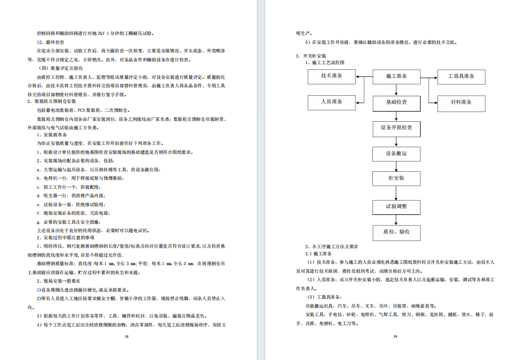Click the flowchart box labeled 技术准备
[332, 76]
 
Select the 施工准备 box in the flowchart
[396, 76]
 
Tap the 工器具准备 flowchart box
[461, 76]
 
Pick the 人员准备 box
[332, 102]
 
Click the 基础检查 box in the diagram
[396, 102]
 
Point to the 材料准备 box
[461, 102]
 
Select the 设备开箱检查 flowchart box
[396, 128]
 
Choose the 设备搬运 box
[396, 154]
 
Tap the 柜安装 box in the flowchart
[396, 178]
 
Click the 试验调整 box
[396, 207]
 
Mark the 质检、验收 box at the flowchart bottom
[396, 232]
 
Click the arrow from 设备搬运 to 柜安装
[396, 166]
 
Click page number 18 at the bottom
[126, 336]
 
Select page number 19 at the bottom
[395, 336]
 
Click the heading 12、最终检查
[53, 42]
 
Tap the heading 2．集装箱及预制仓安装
[51, 101]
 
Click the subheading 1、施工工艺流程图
[325, 62]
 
